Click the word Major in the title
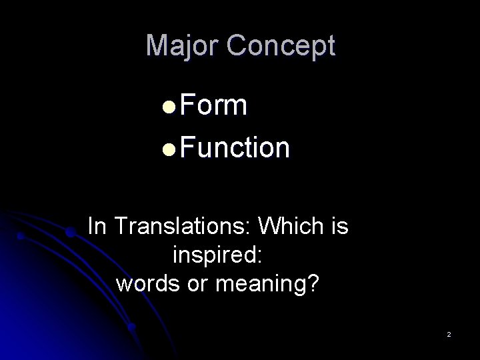(183, 46)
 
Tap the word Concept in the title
(281, 46)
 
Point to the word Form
(213, 105)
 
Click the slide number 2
(449, 333)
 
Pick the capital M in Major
(156, 46)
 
